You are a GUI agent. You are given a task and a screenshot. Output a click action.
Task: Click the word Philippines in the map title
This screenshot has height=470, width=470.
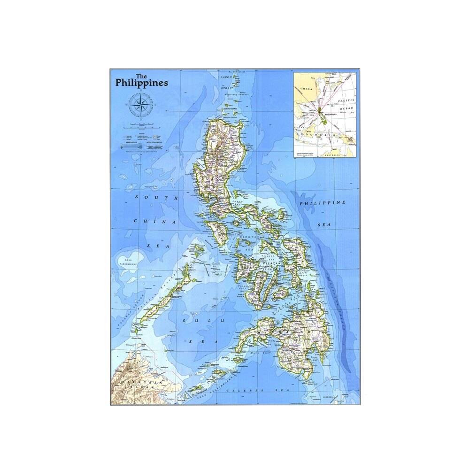pos(142,83)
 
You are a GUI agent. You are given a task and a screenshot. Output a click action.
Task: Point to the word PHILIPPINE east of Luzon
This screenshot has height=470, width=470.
pos(322,203)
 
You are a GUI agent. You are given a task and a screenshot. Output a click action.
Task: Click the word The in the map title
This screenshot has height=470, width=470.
pos(140,76)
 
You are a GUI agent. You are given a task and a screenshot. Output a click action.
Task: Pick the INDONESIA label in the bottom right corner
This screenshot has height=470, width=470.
pos(331,398)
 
